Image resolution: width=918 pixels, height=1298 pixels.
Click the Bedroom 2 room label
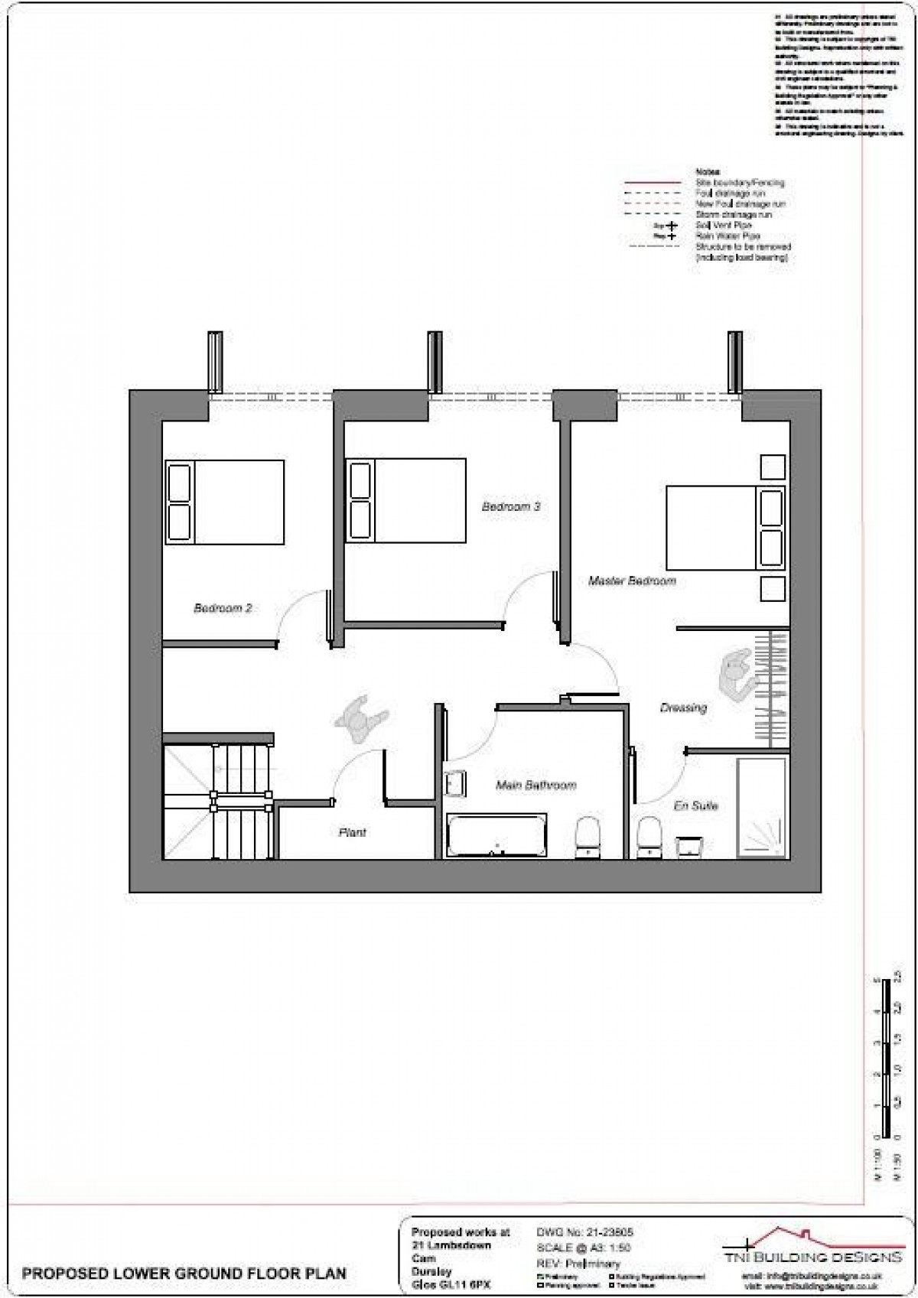pos(223,609)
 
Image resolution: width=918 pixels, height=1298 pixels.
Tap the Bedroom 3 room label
pos(511,506)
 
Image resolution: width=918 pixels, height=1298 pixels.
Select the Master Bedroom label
pos(632,581)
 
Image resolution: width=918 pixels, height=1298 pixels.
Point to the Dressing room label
pos(683,708)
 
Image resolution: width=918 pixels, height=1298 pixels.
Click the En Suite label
pos(695,805)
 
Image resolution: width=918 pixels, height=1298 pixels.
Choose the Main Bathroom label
pos(535,785)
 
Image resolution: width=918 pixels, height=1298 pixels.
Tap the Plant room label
pos(352,832)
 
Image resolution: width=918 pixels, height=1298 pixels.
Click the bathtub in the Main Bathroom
pos(496,835)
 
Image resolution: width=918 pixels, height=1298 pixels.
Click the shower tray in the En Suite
pos(761,808)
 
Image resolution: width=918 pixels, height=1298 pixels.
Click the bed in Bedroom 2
pos(225,502)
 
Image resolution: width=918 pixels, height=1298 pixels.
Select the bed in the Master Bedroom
pos(725,527)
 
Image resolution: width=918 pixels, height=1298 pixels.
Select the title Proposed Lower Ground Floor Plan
pos(184,1274)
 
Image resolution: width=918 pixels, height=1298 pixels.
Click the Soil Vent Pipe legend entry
pos(723,226)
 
